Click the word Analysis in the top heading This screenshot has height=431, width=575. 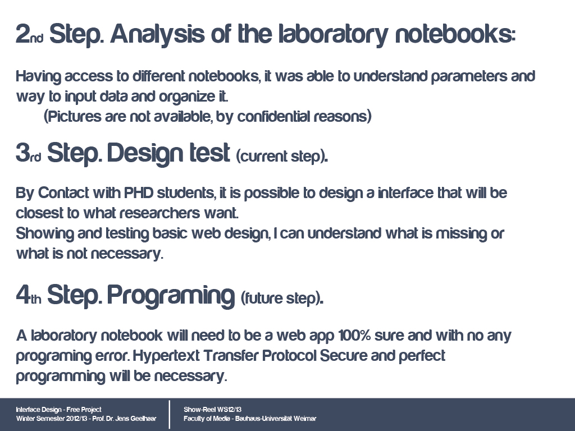pyautogui.click(x=157, y=34)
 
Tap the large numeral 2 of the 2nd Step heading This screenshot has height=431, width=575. pyautogui.click(x=22, y=34)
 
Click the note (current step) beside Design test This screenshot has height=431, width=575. pyautogui.click(x=282, y=157)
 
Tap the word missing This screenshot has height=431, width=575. pyautogui.click(x=462, y=233)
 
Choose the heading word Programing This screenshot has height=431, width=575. pyautogui.click(x=171, y=295)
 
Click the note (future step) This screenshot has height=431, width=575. pyautogui.click(x=282, y=298)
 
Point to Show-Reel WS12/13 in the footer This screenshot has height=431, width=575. pyautogui.click(x=213, y=409)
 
